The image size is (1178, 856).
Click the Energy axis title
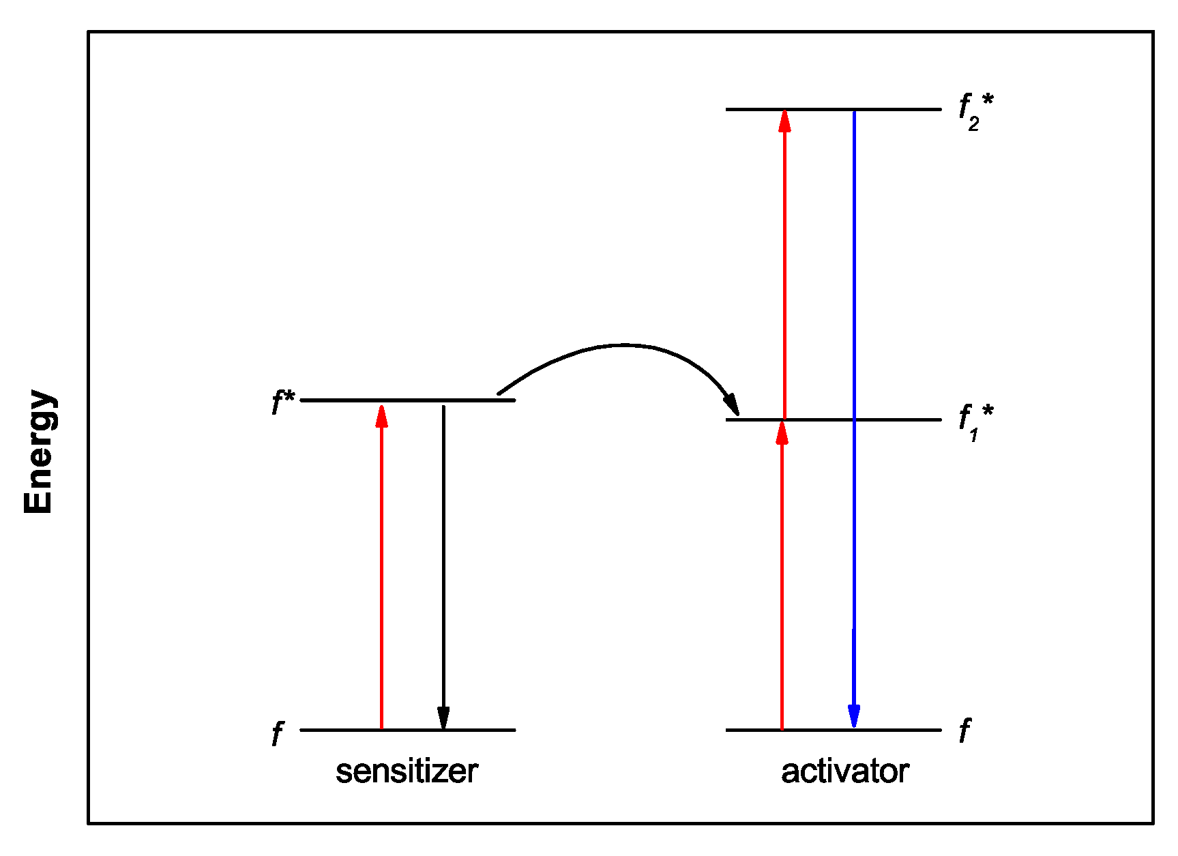(39, 452)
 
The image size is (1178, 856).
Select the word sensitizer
(407, 771)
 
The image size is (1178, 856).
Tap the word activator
(844, 771)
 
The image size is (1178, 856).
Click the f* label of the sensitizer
(282, 402)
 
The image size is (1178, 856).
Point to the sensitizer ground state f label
(277, 733)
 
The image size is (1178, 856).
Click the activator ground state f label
(965, 730)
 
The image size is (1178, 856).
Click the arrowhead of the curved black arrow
(732, 404)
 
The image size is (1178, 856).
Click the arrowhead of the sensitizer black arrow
(443, 718)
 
